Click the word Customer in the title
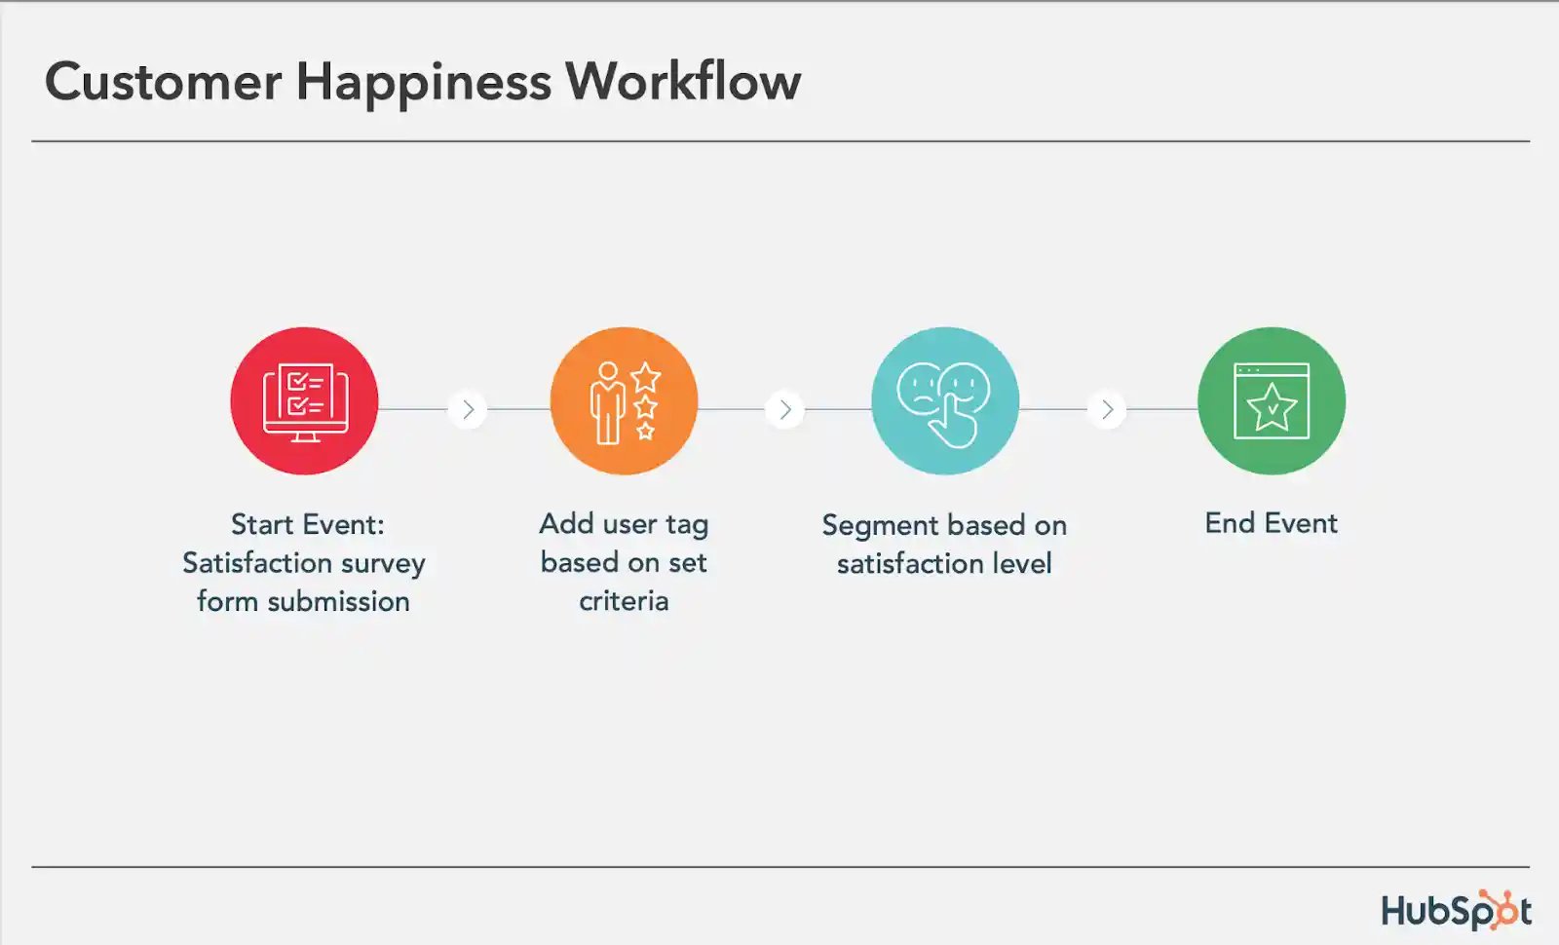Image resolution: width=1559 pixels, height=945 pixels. (x=164, y=82)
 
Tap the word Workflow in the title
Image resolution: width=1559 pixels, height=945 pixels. (x=683, y=81)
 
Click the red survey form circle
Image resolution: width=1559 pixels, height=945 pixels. (x=304, y=400)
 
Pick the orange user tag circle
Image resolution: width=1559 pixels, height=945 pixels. (x=625, y=400)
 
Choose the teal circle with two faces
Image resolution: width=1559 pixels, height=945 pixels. (x=945, y=400)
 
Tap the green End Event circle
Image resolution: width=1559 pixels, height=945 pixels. (x=1272, y=400)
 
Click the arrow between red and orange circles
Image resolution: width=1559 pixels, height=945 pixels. (x=468, y=410)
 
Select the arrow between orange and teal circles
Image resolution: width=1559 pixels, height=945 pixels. (x=785, y=410)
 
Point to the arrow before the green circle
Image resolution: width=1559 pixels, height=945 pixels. (x=1107, y=410)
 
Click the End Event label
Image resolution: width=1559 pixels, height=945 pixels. (x=1271, y=523)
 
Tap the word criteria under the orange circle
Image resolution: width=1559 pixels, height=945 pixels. (x=624, y=601)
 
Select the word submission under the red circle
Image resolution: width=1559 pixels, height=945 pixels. (x=338, y=601)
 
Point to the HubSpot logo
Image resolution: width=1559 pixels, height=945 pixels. (x=1456, y=910)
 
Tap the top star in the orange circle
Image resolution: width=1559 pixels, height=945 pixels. (x=646, y=377)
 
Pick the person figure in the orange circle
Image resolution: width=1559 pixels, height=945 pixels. (x=608, y=403)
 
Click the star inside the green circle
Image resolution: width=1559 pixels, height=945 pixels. (x=1272, y=408)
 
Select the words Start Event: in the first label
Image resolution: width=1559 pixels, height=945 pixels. (x=308, y=525)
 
